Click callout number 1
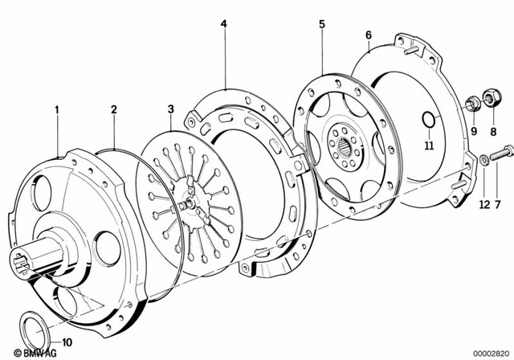point(56,108)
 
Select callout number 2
point(114,108)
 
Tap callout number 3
point(170,108)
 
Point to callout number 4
point(224,24)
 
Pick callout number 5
point(321,24)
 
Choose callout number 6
point(368,35)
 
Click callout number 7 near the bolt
point(497,205)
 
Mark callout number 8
point(494,131)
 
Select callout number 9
point(474,131)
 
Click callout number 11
point(429,145)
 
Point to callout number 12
point(483,205)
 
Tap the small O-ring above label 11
point(429,121)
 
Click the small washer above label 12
point(484,160)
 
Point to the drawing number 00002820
point(488,353)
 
